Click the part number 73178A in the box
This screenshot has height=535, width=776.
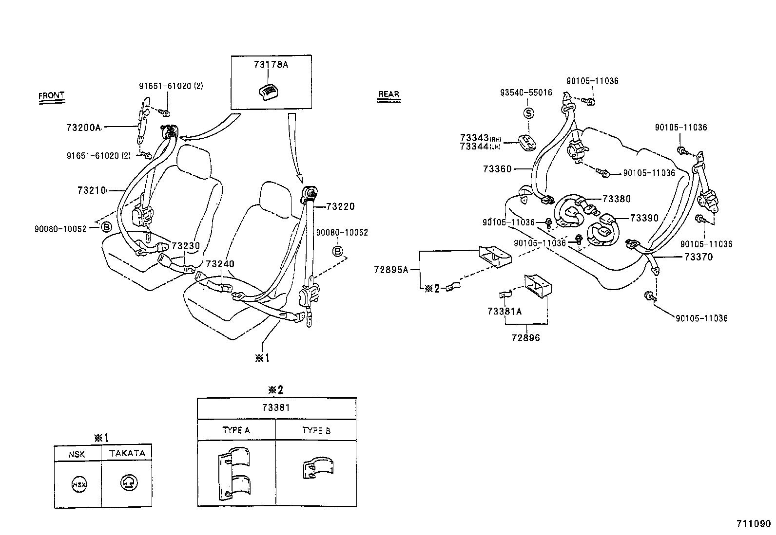click(x=271, y=64)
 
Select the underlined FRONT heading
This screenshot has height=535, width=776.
click(x=51, y=95)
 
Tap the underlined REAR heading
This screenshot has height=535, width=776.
click(x=388, y=94)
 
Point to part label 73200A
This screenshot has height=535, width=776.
click(x=83, y=128)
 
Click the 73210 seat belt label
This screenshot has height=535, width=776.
click(x=92, y=190)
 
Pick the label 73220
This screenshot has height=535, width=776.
click(x=340, y=206)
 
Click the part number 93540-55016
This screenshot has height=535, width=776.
click(x=526, y=92)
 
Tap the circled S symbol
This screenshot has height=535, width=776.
click(x=528, y=113)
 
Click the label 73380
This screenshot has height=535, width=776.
click(x=616, y=199)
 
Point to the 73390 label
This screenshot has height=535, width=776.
click(x=644, y=218)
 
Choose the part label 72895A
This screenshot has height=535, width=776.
click(x=391, y=269)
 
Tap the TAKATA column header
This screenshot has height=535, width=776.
click(x=127, y=453)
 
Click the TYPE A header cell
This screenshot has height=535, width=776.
click(x=236, y=430)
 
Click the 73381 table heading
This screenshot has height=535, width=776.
click(x=276, y=407)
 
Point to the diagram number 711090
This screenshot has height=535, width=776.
click(x=753, y=524)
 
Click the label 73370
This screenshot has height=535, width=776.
click(x=698, y=257)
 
